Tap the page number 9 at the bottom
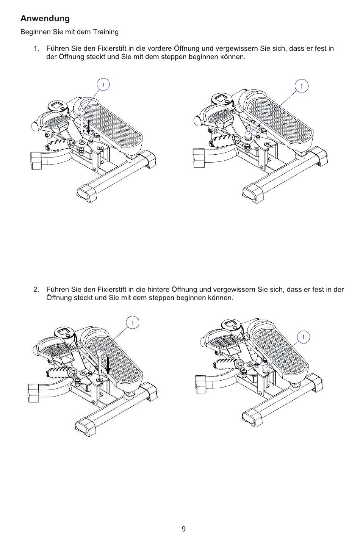(183, 529)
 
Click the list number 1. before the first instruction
(36, 49)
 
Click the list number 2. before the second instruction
(36, 290)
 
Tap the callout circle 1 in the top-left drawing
(103, 84)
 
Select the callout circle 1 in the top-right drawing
(302, 86)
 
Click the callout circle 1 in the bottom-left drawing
(132, 323)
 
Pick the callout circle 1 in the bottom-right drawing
(303, 337)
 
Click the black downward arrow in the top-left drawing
(89, 127)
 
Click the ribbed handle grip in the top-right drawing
(224, 141)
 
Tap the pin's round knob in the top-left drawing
(82, 111)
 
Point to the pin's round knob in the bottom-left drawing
(100, 352)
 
